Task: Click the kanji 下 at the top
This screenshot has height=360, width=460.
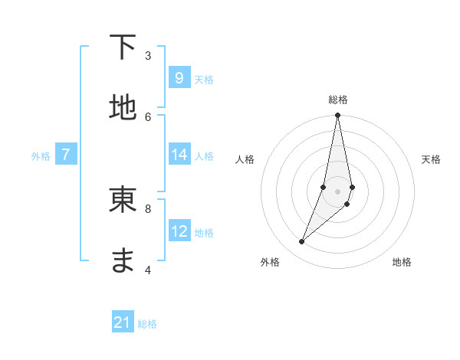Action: pos(123,47)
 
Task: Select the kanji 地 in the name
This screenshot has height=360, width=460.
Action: pos(123,107)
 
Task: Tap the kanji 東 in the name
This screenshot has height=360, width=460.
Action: pos(123,199)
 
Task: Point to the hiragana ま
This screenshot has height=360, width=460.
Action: pos(123,260)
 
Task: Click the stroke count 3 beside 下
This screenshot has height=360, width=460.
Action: pos(148,55)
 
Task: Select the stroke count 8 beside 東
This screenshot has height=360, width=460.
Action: pos(148,208)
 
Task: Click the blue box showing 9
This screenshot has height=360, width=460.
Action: pos(179,78)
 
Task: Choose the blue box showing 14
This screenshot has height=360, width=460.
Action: pos(179,155)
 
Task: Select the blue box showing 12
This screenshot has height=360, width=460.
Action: pos(179,231)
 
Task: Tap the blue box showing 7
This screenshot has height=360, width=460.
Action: pos(66,155)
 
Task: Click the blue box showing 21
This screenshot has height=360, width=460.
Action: pos(123,322)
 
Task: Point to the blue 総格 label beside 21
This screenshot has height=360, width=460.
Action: pos(147,324)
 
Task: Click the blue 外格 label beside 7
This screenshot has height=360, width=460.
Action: pos(41,156)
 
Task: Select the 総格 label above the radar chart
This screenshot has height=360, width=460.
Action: pos(337,100)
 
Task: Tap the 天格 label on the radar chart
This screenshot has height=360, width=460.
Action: pos(431,159)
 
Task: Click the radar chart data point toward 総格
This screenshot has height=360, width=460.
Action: pos(337,116)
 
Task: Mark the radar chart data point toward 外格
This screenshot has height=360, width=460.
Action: pos(302,242)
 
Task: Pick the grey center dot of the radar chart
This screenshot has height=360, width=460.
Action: pos(337,191)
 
